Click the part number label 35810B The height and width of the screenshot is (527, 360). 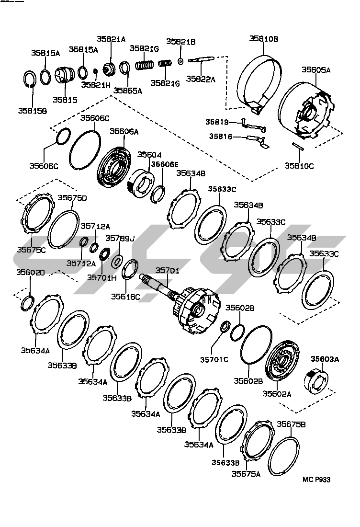click(263, 39)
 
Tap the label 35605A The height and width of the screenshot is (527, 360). click(316, 69)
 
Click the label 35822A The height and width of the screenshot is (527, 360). click(201, 80)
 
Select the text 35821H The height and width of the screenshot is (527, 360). click(96, 85)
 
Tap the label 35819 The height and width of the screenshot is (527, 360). click(218, 122)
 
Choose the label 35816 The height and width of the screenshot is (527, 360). click(220, 137)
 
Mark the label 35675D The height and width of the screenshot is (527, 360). click(72, 197)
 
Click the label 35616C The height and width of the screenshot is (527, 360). click(126, 297)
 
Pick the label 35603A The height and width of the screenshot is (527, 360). click(326, 359)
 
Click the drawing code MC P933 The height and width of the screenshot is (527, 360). click(316, 479)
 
